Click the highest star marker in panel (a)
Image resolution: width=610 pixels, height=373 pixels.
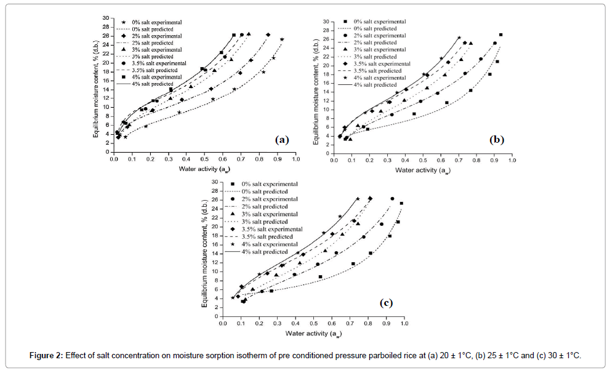click(282, 39)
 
